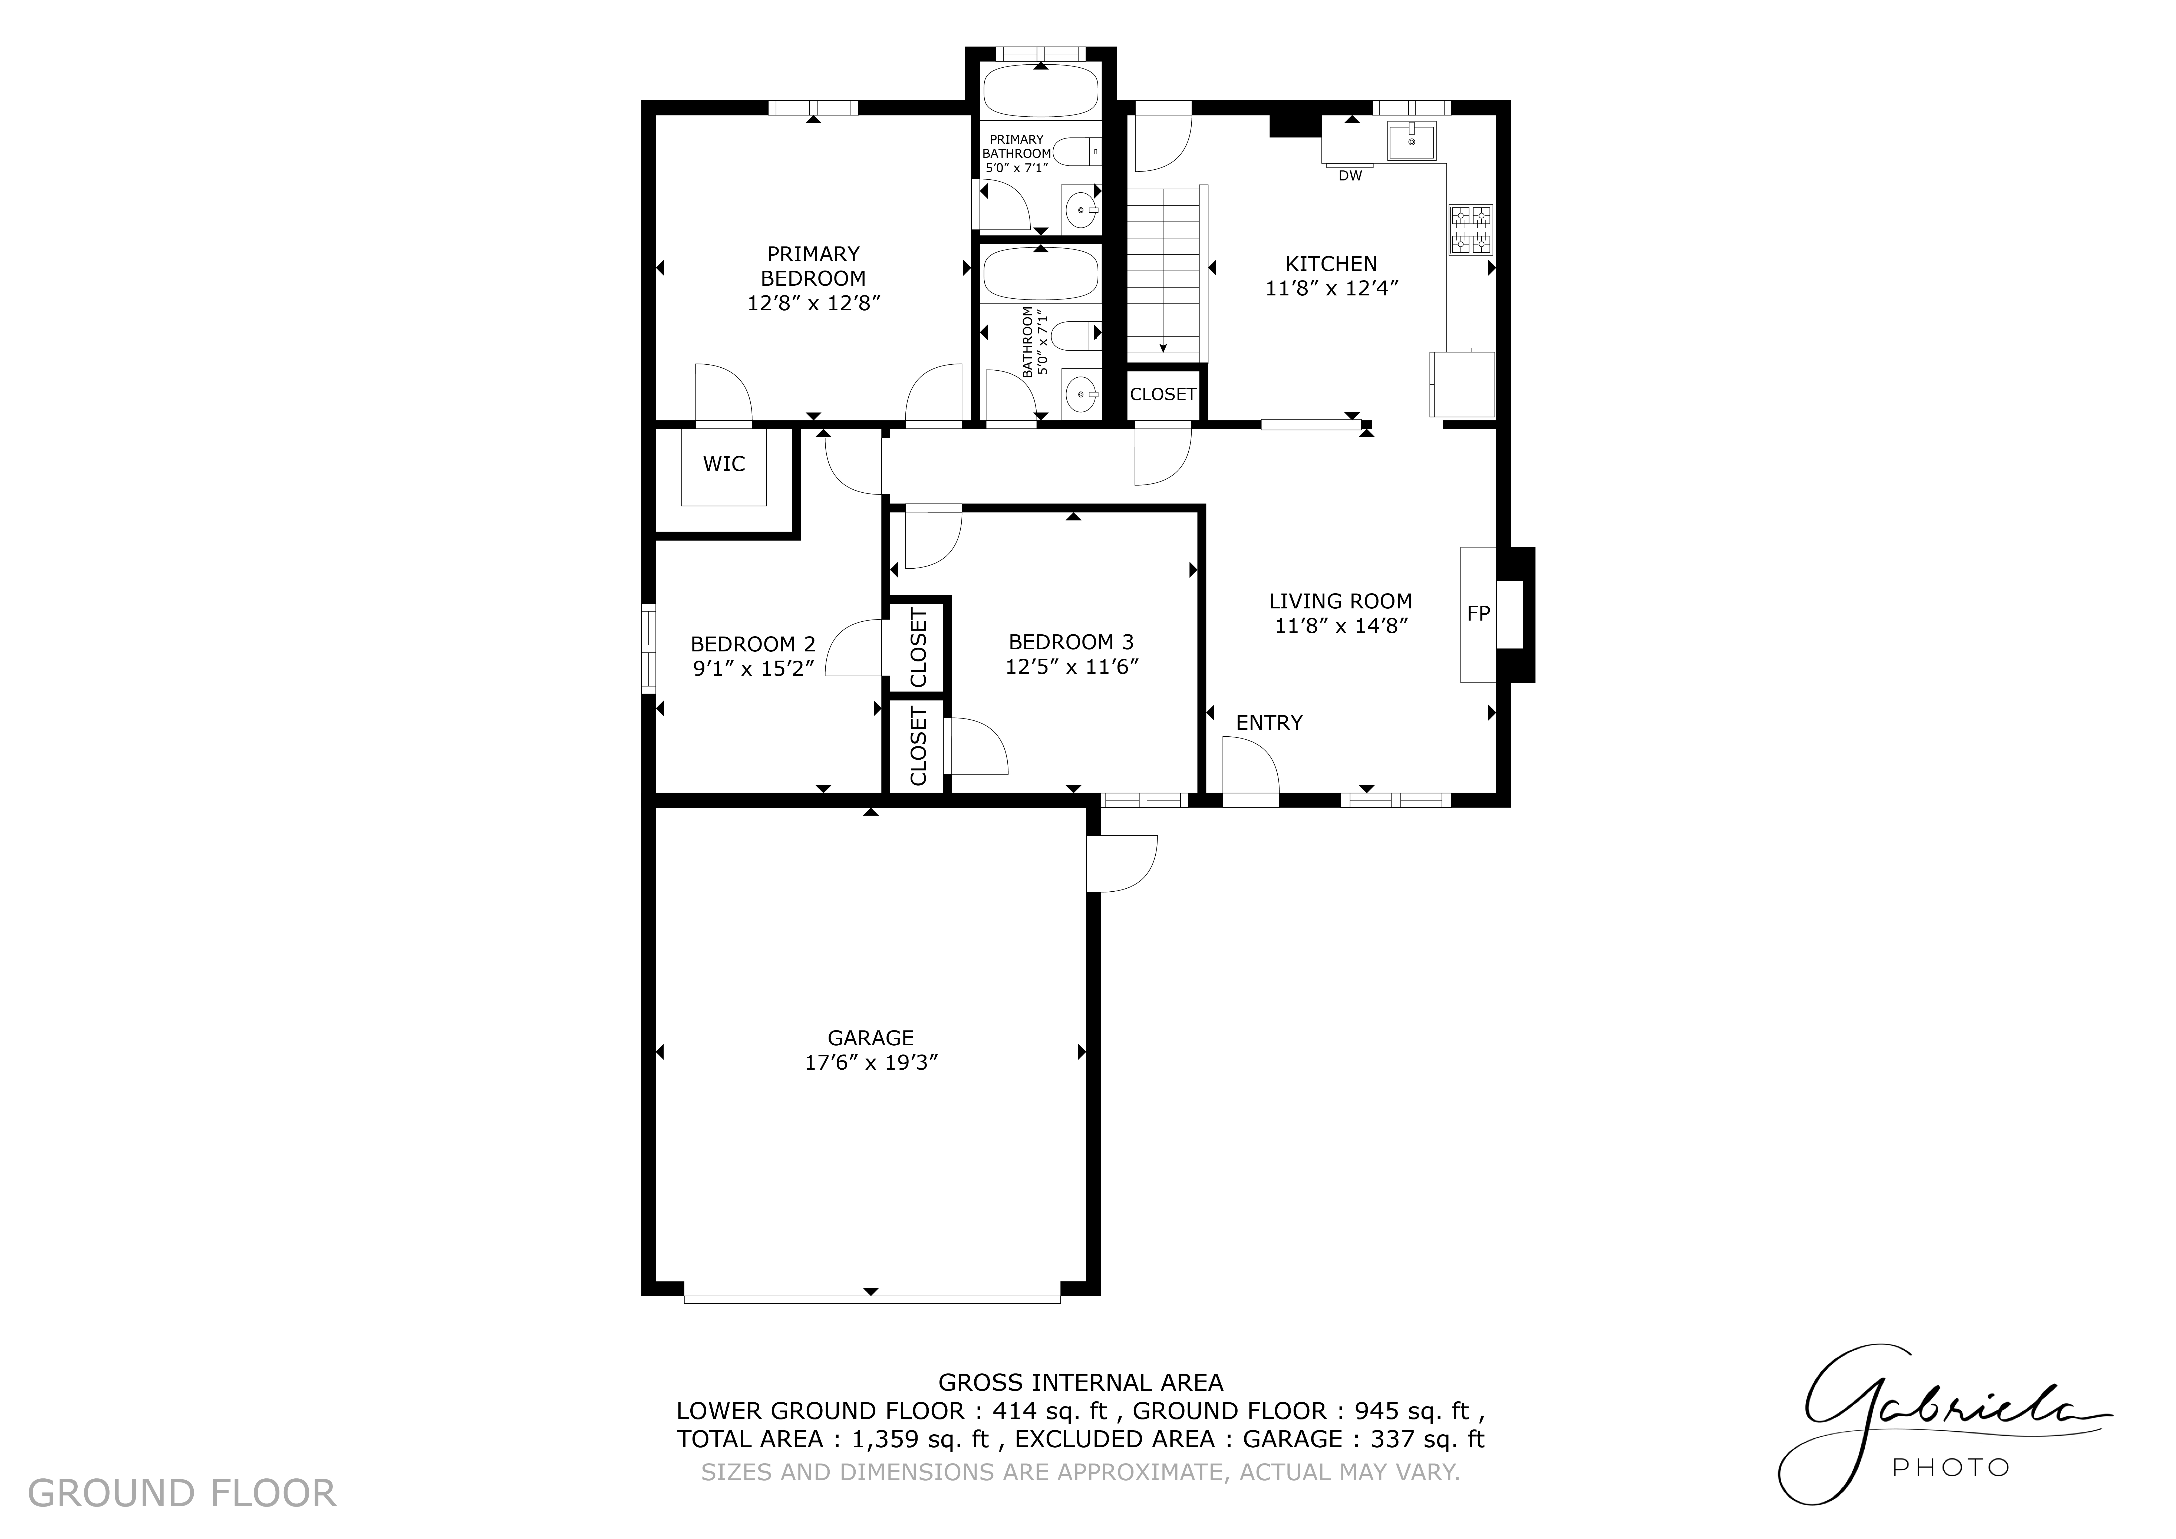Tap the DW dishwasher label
(x=1350, y=175)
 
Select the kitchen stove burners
(x=1471, y=230)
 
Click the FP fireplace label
(x=1478, y=614)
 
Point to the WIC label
(x=724, y=463)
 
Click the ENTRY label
(x=1269, y=723)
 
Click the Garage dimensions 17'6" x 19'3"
(x=871, y=1062)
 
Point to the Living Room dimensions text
(x=1341, y=625)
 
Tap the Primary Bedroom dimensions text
(x=814, y=303)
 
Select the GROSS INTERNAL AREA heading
(x=1080, y=1383)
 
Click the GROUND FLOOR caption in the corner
(x=182, y=1494)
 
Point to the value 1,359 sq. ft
(x=920, y=1439)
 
